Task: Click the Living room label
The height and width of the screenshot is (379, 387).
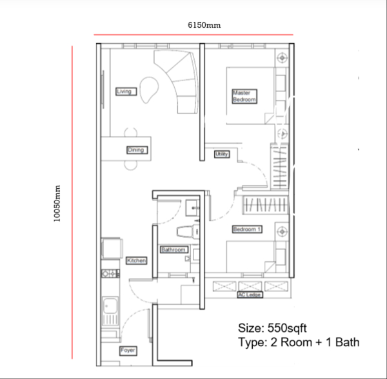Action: tap(126, 92)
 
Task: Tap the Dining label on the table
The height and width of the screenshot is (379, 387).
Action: tap(137, 150)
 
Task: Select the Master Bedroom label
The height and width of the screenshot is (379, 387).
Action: tap(244, 96)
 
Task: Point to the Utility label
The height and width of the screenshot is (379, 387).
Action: tap(222, 154)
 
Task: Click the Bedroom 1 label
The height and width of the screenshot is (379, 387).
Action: tap(247, 229)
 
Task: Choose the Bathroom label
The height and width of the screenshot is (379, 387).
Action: tap(174, 250)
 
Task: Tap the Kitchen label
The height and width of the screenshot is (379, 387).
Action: tap(137, 260)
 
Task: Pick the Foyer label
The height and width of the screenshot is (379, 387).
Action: tap(128, 351)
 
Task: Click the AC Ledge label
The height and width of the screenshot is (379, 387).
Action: tap(250, 295)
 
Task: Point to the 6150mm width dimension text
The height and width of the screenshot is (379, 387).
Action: tap(204, 25)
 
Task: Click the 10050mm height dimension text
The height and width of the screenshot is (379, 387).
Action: tap(57, 204)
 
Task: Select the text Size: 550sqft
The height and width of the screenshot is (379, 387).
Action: tap(272, 328)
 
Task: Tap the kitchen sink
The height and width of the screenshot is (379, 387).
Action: tap(110, 311)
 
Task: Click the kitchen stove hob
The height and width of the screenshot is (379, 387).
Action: tap(110, 273)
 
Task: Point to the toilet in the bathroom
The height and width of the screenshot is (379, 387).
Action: tap(188, 232)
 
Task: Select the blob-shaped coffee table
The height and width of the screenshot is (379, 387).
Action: tap(148, 90)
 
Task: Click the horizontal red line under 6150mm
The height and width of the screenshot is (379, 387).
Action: tap(193, 35)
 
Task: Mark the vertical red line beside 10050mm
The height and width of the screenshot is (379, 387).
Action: tap(72, 202)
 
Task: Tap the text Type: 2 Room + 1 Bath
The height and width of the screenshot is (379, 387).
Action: tap(299, 342)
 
